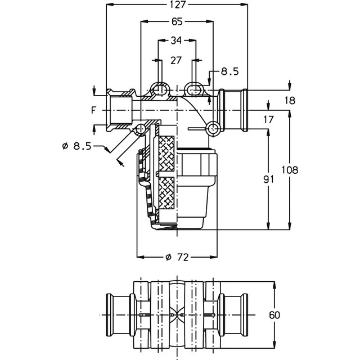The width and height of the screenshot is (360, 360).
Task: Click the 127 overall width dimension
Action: (x=178, y=4)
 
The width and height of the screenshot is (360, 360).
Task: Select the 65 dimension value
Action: (x=177, y=22)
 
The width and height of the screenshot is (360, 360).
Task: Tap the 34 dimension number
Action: (x=176, y=40)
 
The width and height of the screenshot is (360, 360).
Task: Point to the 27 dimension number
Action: (x=176, y=60)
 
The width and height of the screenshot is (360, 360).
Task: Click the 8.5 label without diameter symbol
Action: (x=230, y=71)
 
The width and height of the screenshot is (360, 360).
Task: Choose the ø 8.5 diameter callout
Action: (x=76, y=146)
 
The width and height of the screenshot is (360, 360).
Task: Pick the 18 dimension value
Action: (x=290, y=101)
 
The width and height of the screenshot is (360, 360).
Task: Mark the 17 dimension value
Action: (x=269, y=120)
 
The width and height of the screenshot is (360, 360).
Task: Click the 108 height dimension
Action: (x=290, y=170)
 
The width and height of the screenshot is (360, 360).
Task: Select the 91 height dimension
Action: (x=269, y=179)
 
